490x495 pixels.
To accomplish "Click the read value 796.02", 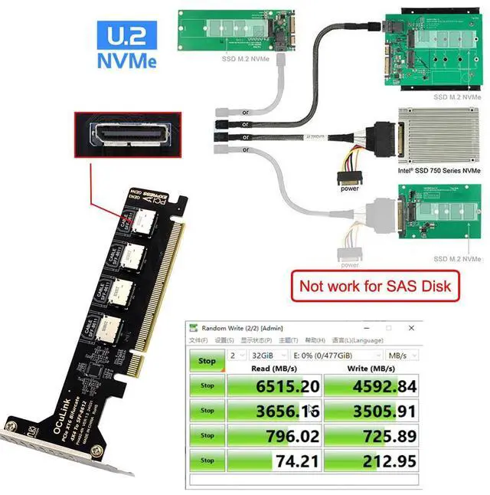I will click(283, 435).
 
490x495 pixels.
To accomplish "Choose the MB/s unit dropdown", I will click(403, 356).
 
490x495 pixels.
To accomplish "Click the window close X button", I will click(410, 327).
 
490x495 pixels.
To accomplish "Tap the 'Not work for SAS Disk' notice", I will click(374, 287).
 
